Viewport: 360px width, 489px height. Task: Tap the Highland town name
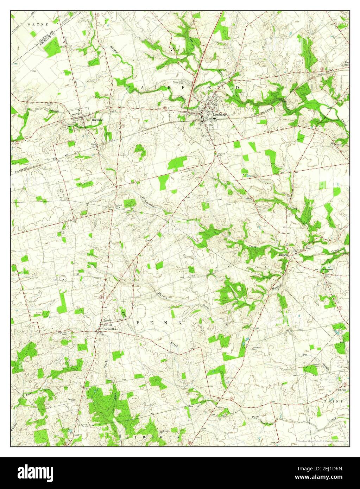97,120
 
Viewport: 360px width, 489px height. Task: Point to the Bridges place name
284,254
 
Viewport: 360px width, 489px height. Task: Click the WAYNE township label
34,25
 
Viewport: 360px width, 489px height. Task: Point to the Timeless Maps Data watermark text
320,441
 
